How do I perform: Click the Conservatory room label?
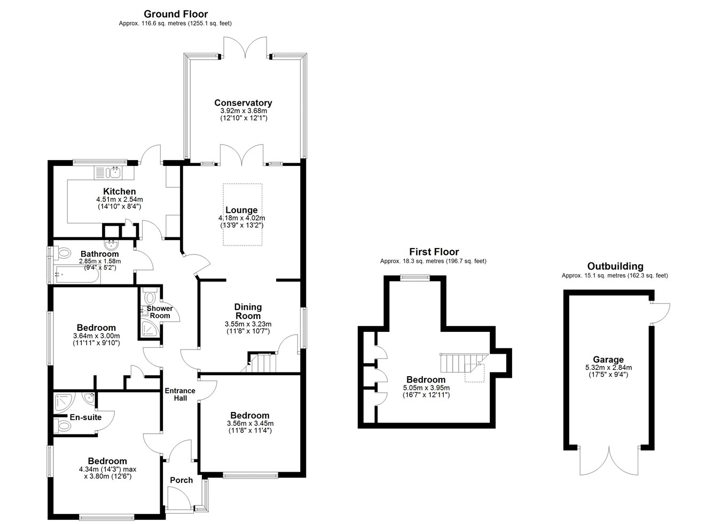243,103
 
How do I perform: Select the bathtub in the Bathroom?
77,275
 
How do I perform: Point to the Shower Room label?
160,312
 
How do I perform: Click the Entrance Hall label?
180,394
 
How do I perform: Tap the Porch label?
181,480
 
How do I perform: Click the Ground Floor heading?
176,14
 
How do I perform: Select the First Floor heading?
434,251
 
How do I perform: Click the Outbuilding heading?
615,266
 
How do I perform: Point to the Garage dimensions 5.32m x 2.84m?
608,367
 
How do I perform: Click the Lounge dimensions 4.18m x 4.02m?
241,218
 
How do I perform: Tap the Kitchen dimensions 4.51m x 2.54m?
120,200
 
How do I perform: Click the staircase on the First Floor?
464,363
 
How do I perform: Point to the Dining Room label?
248,312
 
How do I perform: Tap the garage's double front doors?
609,461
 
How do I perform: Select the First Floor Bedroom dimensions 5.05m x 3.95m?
426,388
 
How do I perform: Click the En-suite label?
85,417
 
